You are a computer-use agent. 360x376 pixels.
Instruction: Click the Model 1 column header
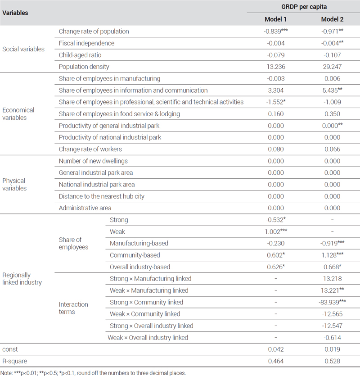tap(275, 19)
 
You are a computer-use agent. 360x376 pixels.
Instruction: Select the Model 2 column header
tap(332, 19)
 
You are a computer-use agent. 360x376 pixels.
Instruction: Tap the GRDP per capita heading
tap(304, 7)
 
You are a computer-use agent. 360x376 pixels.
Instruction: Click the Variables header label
tap(15, 13)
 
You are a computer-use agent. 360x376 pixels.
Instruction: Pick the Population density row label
tap(84, 67)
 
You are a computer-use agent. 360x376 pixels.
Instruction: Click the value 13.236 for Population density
tap(276, 67)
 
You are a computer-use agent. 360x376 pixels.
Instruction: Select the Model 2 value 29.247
tap(332, 67)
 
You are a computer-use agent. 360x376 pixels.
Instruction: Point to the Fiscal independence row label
tap(86, 43)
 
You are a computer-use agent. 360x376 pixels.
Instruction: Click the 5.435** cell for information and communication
tap(332, 90)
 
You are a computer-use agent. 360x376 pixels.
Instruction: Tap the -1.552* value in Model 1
tap(276, 102)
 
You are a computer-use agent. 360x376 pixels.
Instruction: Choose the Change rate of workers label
tap(90, 149)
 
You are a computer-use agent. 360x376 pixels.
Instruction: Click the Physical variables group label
tap(14, 185)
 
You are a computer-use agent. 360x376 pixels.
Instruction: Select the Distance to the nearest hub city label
tap(102, 196)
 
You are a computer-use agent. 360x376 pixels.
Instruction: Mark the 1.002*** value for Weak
tap(276, 231)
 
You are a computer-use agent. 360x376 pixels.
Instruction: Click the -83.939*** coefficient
tap(332, 302)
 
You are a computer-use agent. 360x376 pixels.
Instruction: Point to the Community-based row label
tap(135, 255)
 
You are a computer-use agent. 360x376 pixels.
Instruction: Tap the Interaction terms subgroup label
tap(73, 308)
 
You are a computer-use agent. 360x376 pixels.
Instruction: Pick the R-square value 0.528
tap(332, 361)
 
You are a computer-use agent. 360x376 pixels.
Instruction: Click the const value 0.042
tap(276, 349)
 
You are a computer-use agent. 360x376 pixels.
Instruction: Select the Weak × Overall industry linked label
tap(148, 338)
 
